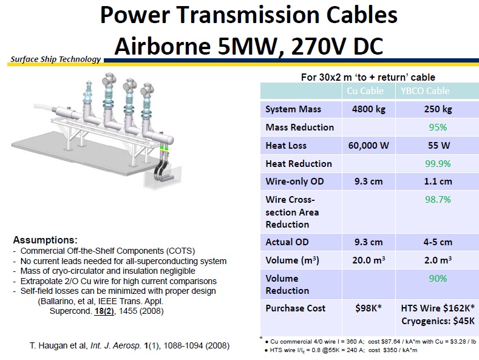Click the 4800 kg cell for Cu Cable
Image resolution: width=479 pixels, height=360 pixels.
point(367,109)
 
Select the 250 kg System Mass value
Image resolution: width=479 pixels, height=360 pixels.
point(437,109)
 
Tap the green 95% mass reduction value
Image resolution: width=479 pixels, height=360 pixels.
point(437,127)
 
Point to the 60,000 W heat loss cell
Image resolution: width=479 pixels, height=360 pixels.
point(367,146)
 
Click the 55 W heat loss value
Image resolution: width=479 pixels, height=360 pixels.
point(437,146)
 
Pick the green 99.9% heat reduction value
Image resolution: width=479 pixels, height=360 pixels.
point(437,164)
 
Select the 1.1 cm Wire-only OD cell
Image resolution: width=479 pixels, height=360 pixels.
point(437,182)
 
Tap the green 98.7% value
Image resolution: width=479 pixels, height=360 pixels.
point(437,200)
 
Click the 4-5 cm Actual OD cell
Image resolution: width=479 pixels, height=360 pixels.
point(437,242)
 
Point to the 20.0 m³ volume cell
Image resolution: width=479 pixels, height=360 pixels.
point(367,260)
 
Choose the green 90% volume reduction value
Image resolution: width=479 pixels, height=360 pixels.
point(437,279)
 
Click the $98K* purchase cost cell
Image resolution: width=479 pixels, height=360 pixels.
point(367,308)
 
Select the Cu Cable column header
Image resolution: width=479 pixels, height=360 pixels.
point(367,91)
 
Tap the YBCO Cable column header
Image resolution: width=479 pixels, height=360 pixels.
point(437,91)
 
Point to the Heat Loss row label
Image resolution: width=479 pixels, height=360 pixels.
point(286,146)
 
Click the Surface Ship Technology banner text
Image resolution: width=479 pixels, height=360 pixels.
point(55,59)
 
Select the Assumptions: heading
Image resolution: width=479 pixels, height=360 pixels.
point(45,240)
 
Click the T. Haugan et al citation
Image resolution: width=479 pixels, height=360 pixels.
point(129,346)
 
